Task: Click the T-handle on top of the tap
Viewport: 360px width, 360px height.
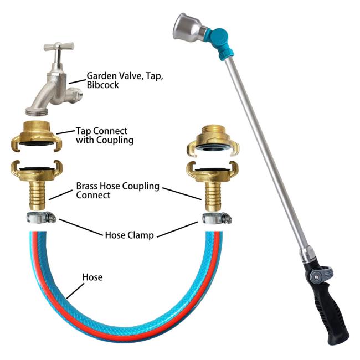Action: tap(59, 46)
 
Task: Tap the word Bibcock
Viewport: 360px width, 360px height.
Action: tap(102, 85)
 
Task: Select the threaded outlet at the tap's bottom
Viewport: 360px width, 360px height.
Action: tap(37, 112)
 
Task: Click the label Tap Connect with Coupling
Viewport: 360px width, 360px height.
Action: tap(105, 136)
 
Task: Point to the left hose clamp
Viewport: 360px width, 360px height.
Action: tap(42, 217)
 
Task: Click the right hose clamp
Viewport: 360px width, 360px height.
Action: tap(217, 218)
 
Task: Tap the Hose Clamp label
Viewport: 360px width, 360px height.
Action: tap(129, 235)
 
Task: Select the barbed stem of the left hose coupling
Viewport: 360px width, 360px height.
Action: tap(38, 195)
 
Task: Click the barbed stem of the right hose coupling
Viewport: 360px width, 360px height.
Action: tap(213, 196)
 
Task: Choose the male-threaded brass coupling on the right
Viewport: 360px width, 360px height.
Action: tap(213, 141)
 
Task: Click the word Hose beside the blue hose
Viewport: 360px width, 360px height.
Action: tap(92, 277)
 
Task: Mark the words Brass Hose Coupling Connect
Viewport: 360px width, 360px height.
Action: tap(117, 191)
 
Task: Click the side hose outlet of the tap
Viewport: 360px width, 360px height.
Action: tap(75, 94)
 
